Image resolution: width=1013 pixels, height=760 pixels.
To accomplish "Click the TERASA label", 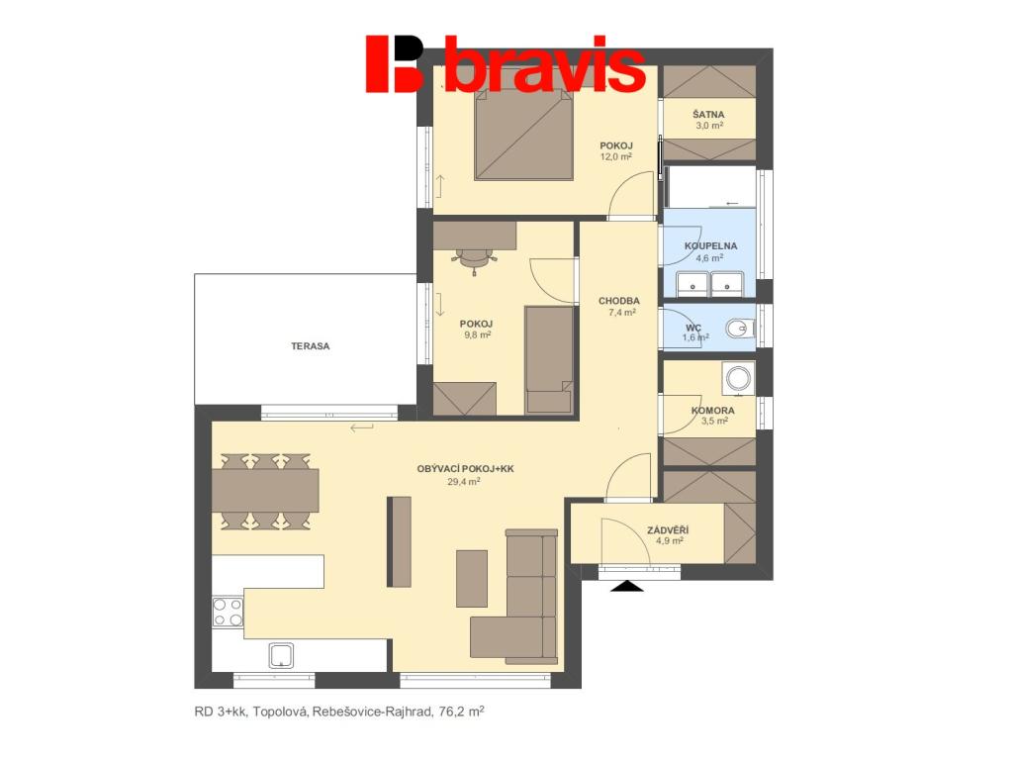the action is point(310,346).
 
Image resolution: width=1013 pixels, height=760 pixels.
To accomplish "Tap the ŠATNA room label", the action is point(708,115).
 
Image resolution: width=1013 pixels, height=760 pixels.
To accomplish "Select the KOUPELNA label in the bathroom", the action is point(710,245).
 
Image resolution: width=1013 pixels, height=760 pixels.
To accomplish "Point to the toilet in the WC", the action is point(739,329).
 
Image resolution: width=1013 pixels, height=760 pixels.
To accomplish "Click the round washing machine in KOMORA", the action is point(738,377).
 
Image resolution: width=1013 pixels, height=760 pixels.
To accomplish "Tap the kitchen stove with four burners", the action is point(228,612).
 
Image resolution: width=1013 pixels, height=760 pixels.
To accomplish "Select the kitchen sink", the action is point(281,655).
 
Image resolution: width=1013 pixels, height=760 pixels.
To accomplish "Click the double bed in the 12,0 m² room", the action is point(524,135).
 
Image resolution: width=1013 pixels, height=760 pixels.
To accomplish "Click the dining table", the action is point(265,491).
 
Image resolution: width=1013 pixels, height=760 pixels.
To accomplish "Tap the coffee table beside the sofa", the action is point(472,578).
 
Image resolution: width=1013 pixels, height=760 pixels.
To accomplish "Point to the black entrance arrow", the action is point(626,586).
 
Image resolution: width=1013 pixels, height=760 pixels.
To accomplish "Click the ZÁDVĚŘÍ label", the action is point(668,530).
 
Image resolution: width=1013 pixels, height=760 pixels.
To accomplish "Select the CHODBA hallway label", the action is point(619,301).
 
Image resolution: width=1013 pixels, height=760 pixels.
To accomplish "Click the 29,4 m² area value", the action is point(464,482).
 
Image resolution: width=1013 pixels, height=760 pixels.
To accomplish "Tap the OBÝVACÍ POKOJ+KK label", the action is point(465,469).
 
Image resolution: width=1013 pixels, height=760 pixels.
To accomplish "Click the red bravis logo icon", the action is point(394,63).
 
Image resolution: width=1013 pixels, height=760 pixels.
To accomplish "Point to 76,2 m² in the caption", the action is point(461,712).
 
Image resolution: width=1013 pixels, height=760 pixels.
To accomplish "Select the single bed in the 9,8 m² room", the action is point(549,359).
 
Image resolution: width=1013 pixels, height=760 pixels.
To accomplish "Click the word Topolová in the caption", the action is point(281,712).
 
